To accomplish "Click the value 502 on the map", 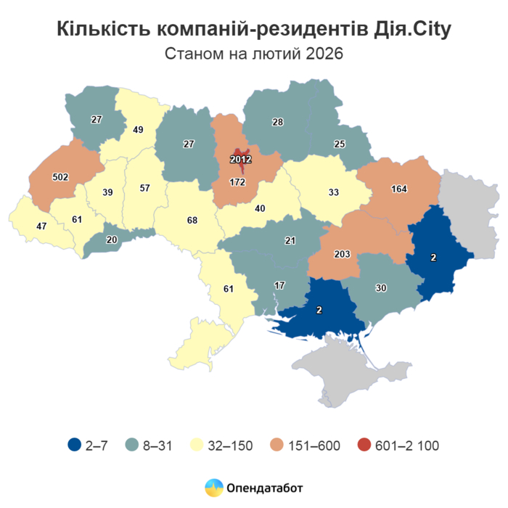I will click(x=61, y=177).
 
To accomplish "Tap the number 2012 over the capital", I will click(x=240, y=160).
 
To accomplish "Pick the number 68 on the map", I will click(x=191, y=221).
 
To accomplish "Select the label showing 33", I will click(x=334, y=193).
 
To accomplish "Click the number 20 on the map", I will click(x=112, y=240).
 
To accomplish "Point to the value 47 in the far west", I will click(x=41, y=226).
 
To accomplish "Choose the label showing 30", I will click(x=380, y=287).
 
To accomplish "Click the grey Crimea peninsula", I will click(x=348, y=370).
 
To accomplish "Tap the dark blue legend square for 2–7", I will click(x=73, y=445).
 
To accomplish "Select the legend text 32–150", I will click(x=232, y=446).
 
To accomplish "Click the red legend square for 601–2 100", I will click(x=364, y=445).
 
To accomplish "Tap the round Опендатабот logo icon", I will click(x=213, y=488).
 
